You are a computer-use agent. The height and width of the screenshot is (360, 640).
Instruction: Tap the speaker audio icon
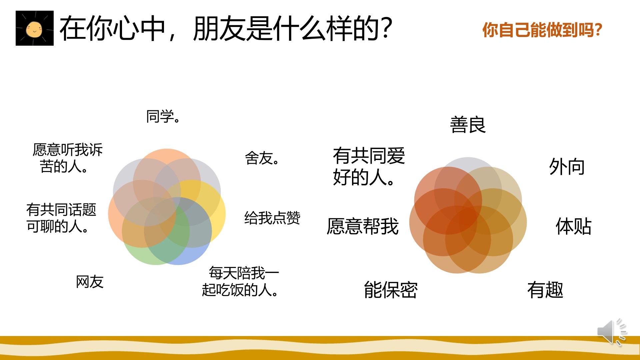612,331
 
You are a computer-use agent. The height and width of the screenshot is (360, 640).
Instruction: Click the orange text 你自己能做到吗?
542,30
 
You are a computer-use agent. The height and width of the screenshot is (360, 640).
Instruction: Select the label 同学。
163,117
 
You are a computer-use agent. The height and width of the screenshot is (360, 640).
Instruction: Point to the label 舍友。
262,158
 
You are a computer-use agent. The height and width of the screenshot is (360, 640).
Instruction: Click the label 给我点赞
272,218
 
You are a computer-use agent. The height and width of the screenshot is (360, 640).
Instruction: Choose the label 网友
90,282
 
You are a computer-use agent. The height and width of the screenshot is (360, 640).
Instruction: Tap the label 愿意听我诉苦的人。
67,158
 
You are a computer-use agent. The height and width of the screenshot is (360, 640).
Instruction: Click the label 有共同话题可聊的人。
61,218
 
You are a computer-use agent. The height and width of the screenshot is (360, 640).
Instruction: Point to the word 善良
468,125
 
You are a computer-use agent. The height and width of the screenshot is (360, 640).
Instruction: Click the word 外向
567,167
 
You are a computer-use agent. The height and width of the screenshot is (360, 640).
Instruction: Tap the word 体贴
573,227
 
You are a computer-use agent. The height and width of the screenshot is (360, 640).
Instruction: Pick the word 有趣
545,290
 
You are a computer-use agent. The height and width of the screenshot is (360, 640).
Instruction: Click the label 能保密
391,290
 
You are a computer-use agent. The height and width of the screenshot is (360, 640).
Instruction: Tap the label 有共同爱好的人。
369,166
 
